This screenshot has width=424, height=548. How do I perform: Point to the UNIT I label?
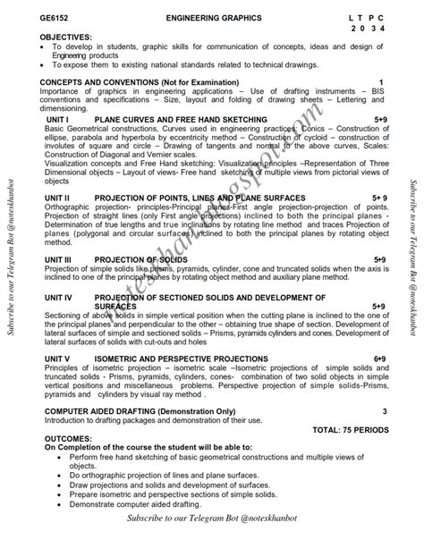pyautogui.click(x=58, y=119)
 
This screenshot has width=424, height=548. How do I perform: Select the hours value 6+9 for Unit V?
pyautogui.click(x=379, y=358)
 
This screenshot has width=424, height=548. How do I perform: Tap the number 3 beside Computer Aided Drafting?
pyautogui.click(x=384, y=410)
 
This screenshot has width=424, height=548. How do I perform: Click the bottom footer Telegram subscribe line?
pyautogui.click(x=212, y=518)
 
